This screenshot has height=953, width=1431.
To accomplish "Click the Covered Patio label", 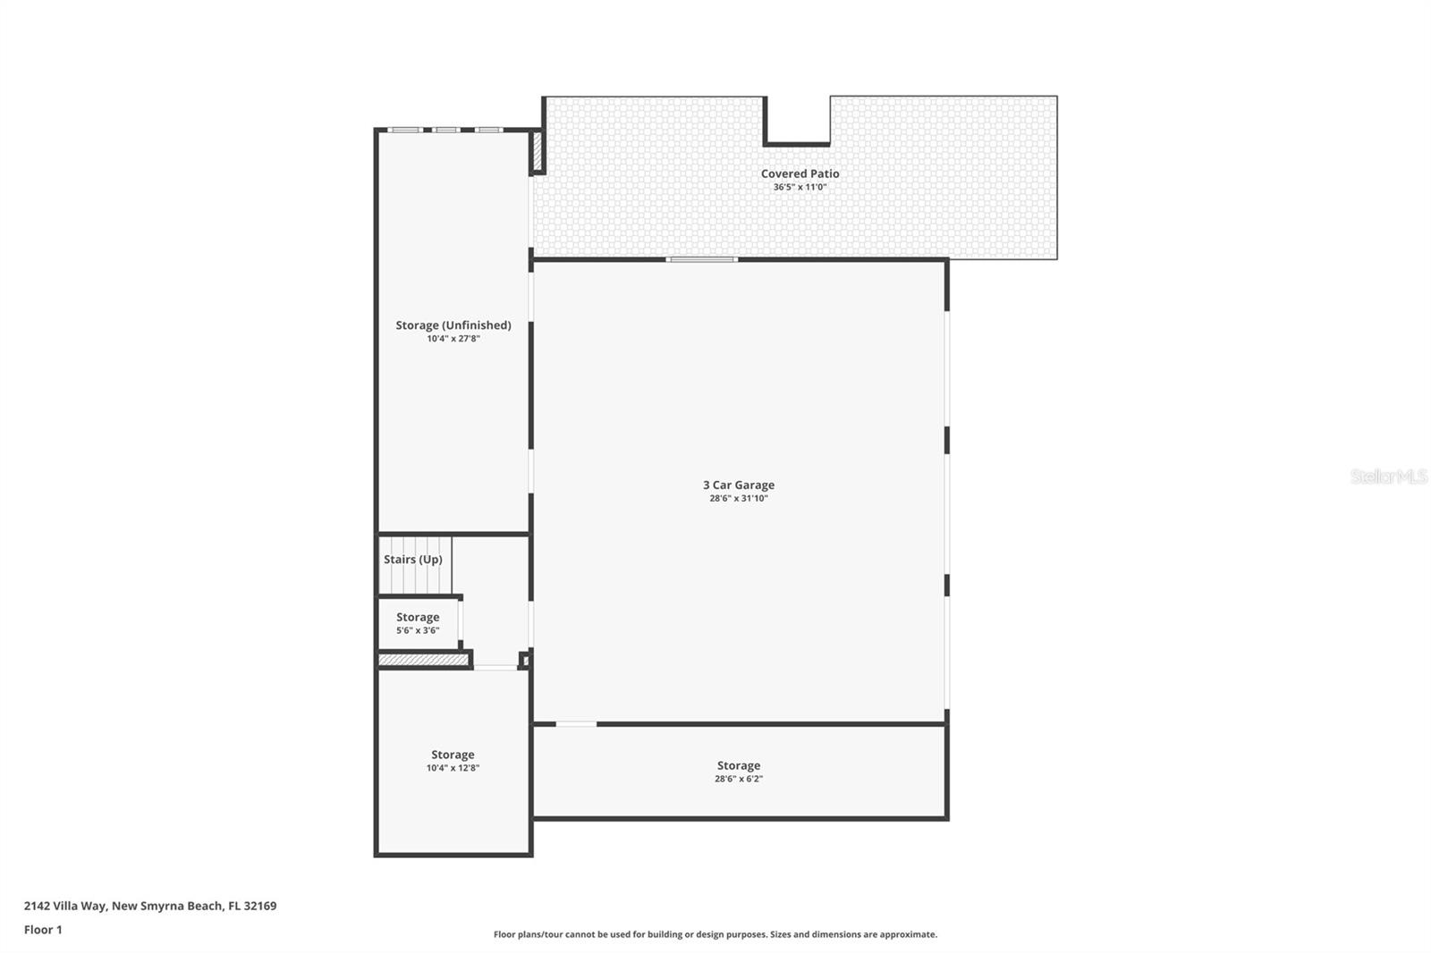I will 800,173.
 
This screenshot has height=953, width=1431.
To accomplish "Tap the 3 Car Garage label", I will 738,485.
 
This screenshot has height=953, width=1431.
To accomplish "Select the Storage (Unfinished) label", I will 453,325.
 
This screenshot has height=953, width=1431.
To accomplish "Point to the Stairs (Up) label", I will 412,560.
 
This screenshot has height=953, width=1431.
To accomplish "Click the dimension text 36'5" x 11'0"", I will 800,188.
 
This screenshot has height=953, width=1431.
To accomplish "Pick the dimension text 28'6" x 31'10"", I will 738,499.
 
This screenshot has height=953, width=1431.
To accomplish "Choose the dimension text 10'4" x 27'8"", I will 453,339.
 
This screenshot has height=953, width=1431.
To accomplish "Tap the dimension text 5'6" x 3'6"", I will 418,631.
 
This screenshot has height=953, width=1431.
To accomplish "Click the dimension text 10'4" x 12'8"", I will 453,768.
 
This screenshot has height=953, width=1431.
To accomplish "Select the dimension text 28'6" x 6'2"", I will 738,779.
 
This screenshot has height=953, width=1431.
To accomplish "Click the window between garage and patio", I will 702,259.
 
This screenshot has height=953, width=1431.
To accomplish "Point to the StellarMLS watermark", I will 1388,476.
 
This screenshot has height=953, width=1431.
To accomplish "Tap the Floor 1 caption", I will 43,930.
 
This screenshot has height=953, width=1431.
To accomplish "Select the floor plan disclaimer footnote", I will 715,934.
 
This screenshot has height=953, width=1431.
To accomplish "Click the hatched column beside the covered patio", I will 538,151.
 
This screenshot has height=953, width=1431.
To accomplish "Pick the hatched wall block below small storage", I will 423,661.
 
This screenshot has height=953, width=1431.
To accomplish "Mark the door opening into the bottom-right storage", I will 576,723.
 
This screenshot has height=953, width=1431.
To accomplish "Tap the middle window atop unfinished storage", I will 446,131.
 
